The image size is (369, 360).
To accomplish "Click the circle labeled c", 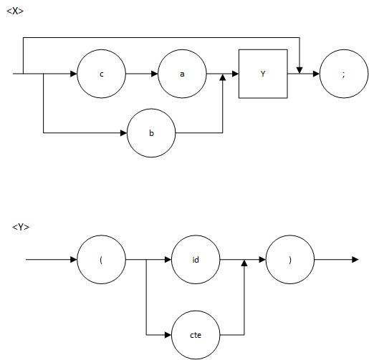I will tap(101, 74).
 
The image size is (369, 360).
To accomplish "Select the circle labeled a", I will tap(182, 74).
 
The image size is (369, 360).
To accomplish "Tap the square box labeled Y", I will tap(263, 74).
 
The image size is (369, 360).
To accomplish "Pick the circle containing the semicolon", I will tap(344, 74).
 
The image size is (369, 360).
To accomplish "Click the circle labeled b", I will tap(151, 133).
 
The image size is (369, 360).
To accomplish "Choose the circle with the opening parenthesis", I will tap(101, 259).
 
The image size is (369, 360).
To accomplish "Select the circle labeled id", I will tap(196, 259).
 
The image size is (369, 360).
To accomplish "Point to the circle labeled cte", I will tap(196, 334).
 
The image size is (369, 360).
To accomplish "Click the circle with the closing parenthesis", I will tap(290, 259).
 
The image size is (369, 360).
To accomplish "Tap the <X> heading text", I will tap(15, 11).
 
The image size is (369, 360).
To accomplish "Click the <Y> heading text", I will tap(21, 227).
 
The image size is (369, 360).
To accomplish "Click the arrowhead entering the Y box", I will tap(234, 74).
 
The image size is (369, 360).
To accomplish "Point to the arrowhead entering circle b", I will tap(123, 133).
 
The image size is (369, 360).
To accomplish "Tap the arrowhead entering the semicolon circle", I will tap(316, 74).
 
